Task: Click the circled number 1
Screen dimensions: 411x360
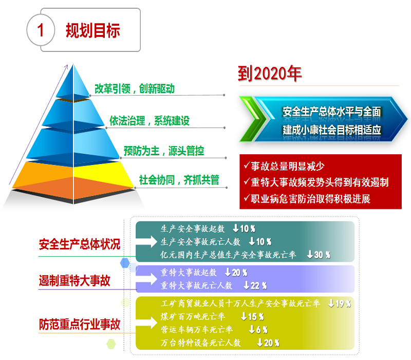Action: click(41, 30)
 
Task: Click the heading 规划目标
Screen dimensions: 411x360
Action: click(93, 30)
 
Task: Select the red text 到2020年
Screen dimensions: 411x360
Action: click(270, 74)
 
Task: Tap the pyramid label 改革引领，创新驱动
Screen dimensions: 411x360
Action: click(135, 88)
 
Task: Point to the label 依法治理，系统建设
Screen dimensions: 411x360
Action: click(150, 121)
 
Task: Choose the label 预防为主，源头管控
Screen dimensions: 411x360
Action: click(164, 151)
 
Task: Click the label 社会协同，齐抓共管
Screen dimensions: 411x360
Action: click(179, 180)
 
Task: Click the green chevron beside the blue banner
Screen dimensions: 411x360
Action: click(252, 119)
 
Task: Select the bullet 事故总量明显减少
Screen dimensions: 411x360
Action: click(284, 166)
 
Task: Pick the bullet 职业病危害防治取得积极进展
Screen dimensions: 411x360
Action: click(307, 199)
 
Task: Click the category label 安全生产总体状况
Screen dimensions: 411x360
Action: click(80, 244)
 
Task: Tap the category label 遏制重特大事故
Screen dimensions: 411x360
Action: click(74, 280)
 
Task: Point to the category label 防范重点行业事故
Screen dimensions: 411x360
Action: click(80, 325)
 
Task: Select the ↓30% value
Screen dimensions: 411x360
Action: click(319, 255)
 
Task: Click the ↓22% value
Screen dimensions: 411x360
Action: click(255, 285)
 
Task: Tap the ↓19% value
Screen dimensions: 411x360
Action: click(340, 303)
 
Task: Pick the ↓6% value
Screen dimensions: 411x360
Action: click(258, 330)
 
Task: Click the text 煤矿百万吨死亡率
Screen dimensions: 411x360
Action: click(193, 317)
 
